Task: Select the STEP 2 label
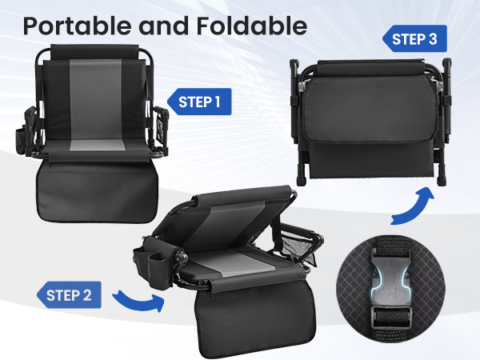70,294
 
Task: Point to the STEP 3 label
415,38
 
